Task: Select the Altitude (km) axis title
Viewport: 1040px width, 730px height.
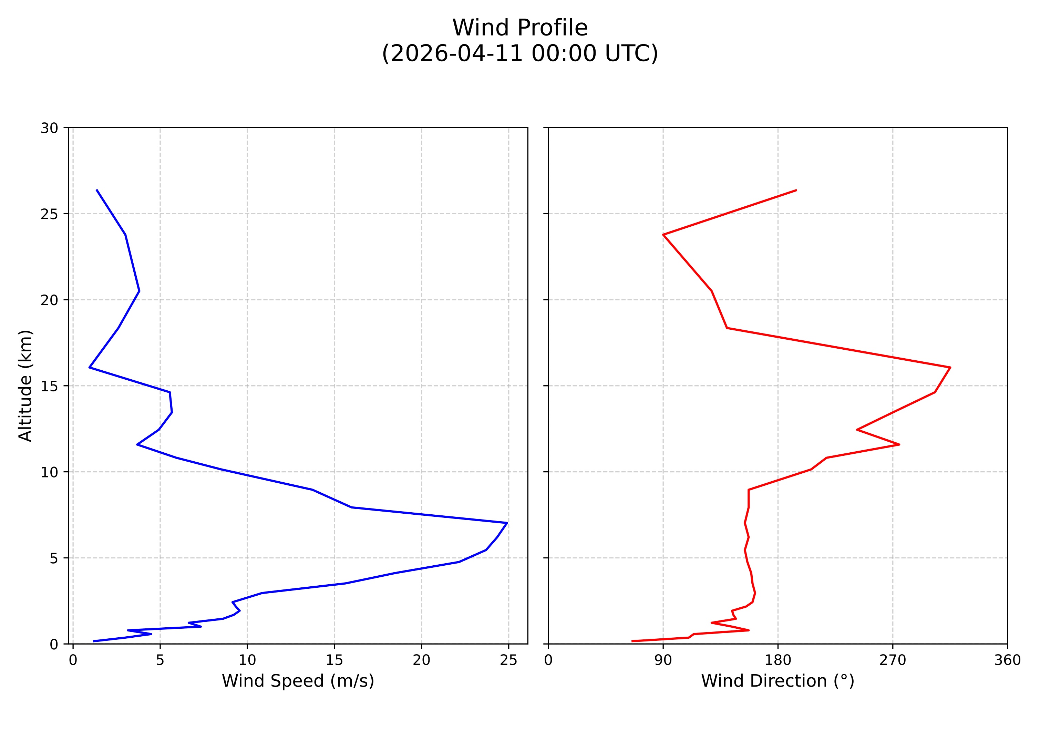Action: [25, 385]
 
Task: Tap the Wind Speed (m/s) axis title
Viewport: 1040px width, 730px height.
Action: [298, 681]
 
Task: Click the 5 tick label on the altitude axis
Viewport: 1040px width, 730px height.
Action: [54, 558]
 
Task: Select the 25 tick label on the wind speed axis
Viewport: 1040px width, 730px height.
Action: [508, 661]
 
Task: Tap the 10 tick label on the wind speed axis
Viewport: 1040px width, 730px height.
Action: [247, 661]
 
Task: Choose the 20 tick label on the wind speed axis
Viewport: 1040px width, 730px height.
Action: [421, 661]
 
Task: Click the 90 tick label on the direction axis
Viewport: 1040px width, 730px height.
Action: [663, 661]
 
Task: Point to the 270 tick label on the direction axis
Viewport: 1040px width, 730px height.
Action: [893, 661]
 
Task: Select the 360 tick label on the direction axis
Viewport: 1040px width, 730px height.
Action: [1007, 661]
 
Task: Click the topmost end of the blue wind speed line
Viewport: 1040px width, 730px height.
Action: [96, 190]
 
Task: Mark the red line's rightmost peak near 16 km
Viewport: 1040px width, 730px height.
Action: [950, 367]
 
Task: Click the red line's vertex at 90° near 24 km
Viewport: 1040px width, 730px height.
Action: [663, 235]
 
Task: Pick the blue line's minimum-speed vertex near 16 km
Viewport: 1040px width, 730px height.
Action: [90, 367]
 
